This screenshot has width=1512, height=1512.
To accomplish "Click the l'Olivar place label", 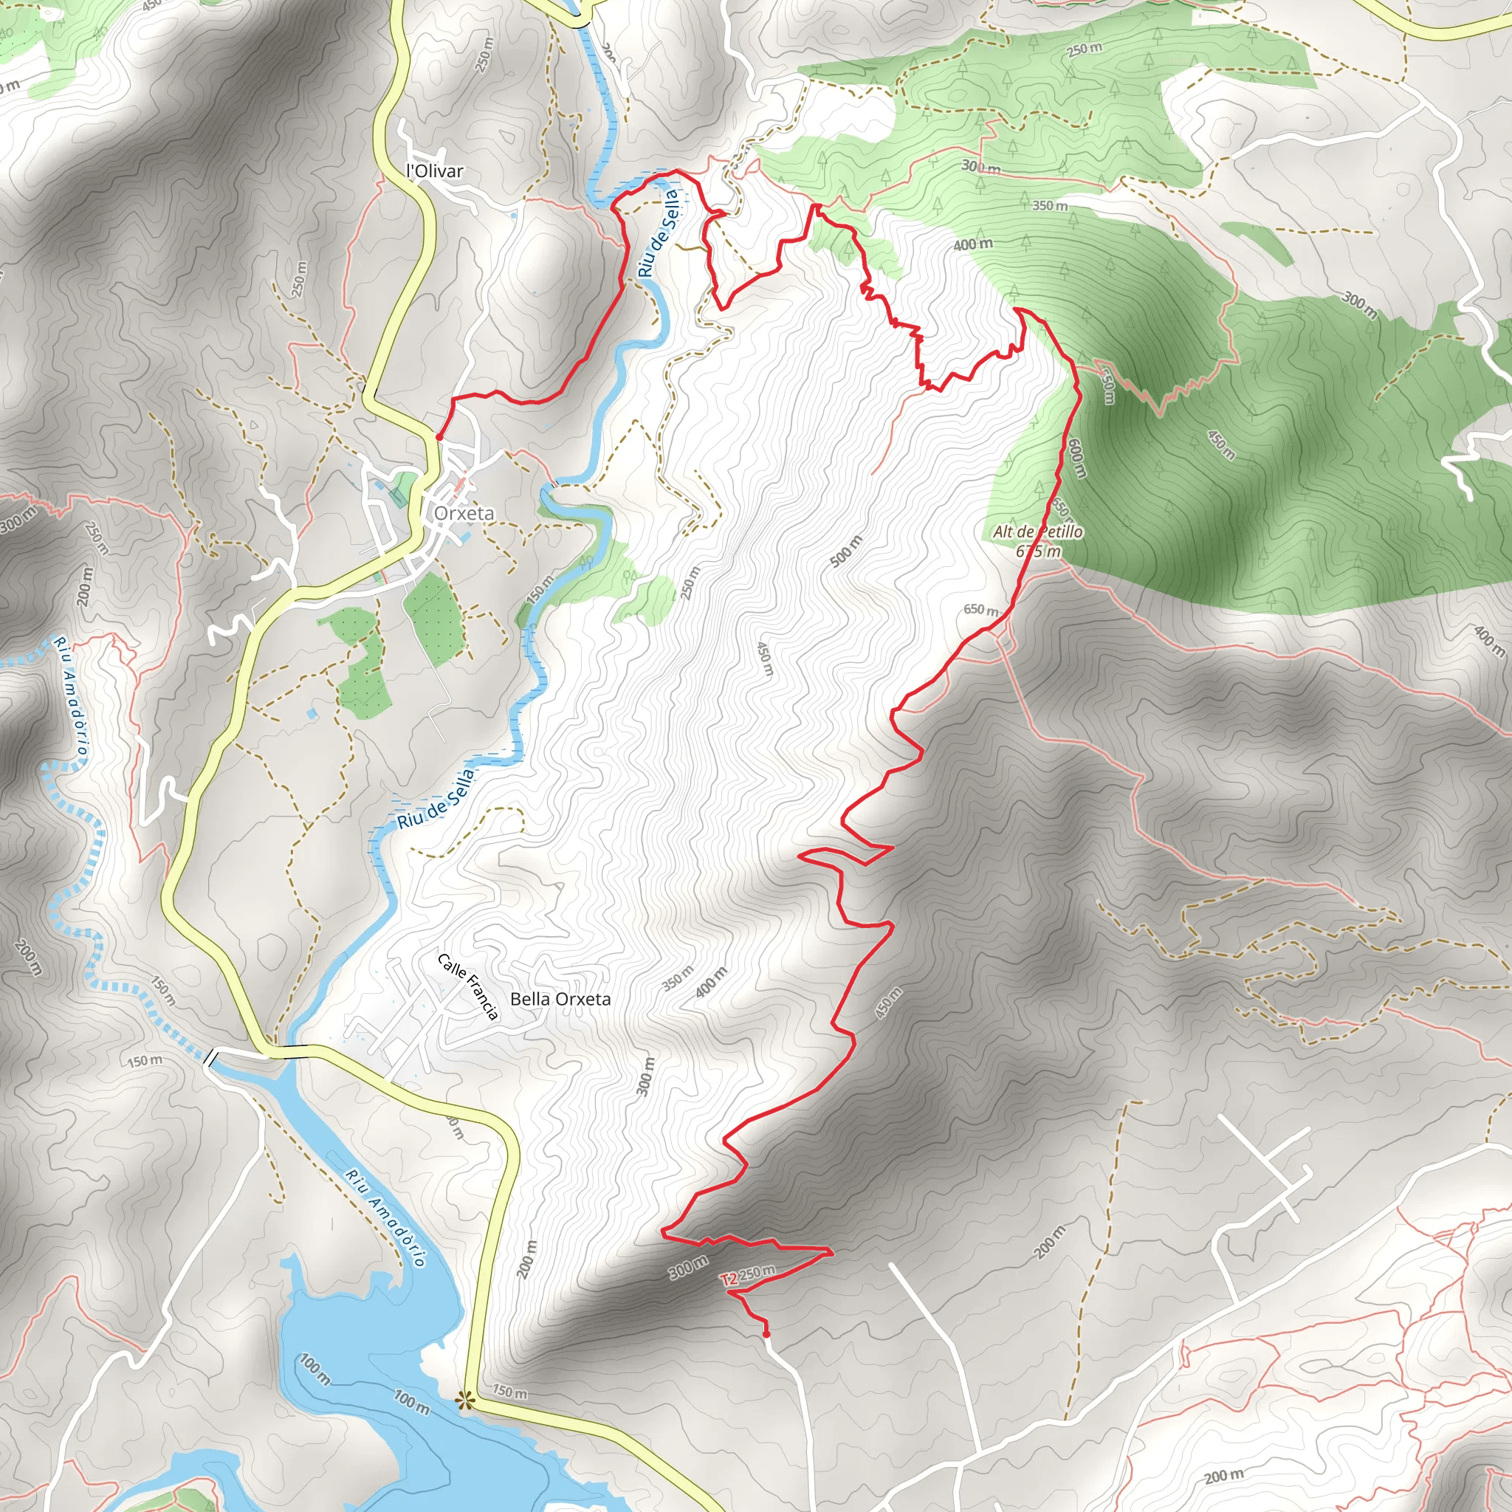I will [x=435, y=171].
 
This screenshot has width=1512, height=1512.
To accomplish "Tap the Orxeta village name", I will [x=464, y=513].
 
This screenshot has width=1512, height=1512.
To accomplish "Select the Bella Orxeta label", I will [x=560, y=1000].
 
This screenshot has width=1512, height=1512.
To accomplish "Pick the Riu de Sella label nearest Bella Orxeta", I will [x=436, y=799].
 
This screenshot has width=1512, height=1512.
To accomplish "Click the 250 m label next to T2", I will [x=757, y=1274].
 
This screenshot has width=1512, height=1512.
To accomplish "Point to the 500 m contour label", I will [x=846, y=551].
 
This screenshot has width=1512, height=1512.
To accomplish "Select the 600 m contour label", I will [x=1078, y=458].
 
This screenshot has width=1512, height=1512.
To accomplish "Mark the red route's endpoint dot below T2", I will [x=766, y=1333].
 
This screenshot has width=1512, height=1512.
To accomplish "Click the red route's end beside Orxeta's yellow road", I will [x=439, y=436].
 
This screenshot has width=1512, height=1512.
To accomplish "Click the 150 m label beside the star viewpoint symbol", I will [x=509, y=1393].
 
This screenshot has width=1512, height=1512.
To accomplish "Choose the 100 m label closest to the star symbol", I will [x=412, y=1402].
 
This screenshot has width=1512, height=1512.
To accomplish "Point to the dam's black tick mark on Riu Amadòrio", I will [x=210, y=1059].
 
